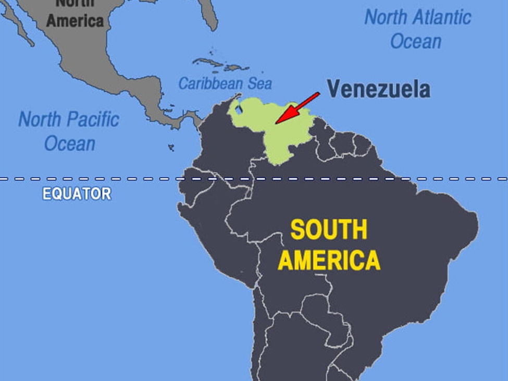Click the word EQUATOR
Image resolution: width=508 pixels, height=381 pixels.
[77, 194]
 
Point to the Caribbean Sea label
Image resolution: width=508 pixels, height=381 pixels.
[225, 83]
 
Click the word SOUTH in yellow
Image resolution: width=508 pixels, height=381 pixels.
[328, 230]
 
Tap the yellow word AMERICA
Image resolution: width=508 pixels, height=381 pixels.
[329, 260]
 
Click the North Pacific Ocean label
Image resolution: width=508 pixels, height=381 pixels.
[69, 131]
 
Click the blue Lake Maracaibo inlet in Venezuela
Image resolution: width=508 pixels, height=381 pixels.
[238, 110]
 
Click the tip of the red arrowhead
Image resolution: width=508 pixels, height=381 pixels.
[276, 123]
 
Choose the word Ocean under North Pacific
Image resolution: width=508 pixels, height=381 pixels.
[69, 143]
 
